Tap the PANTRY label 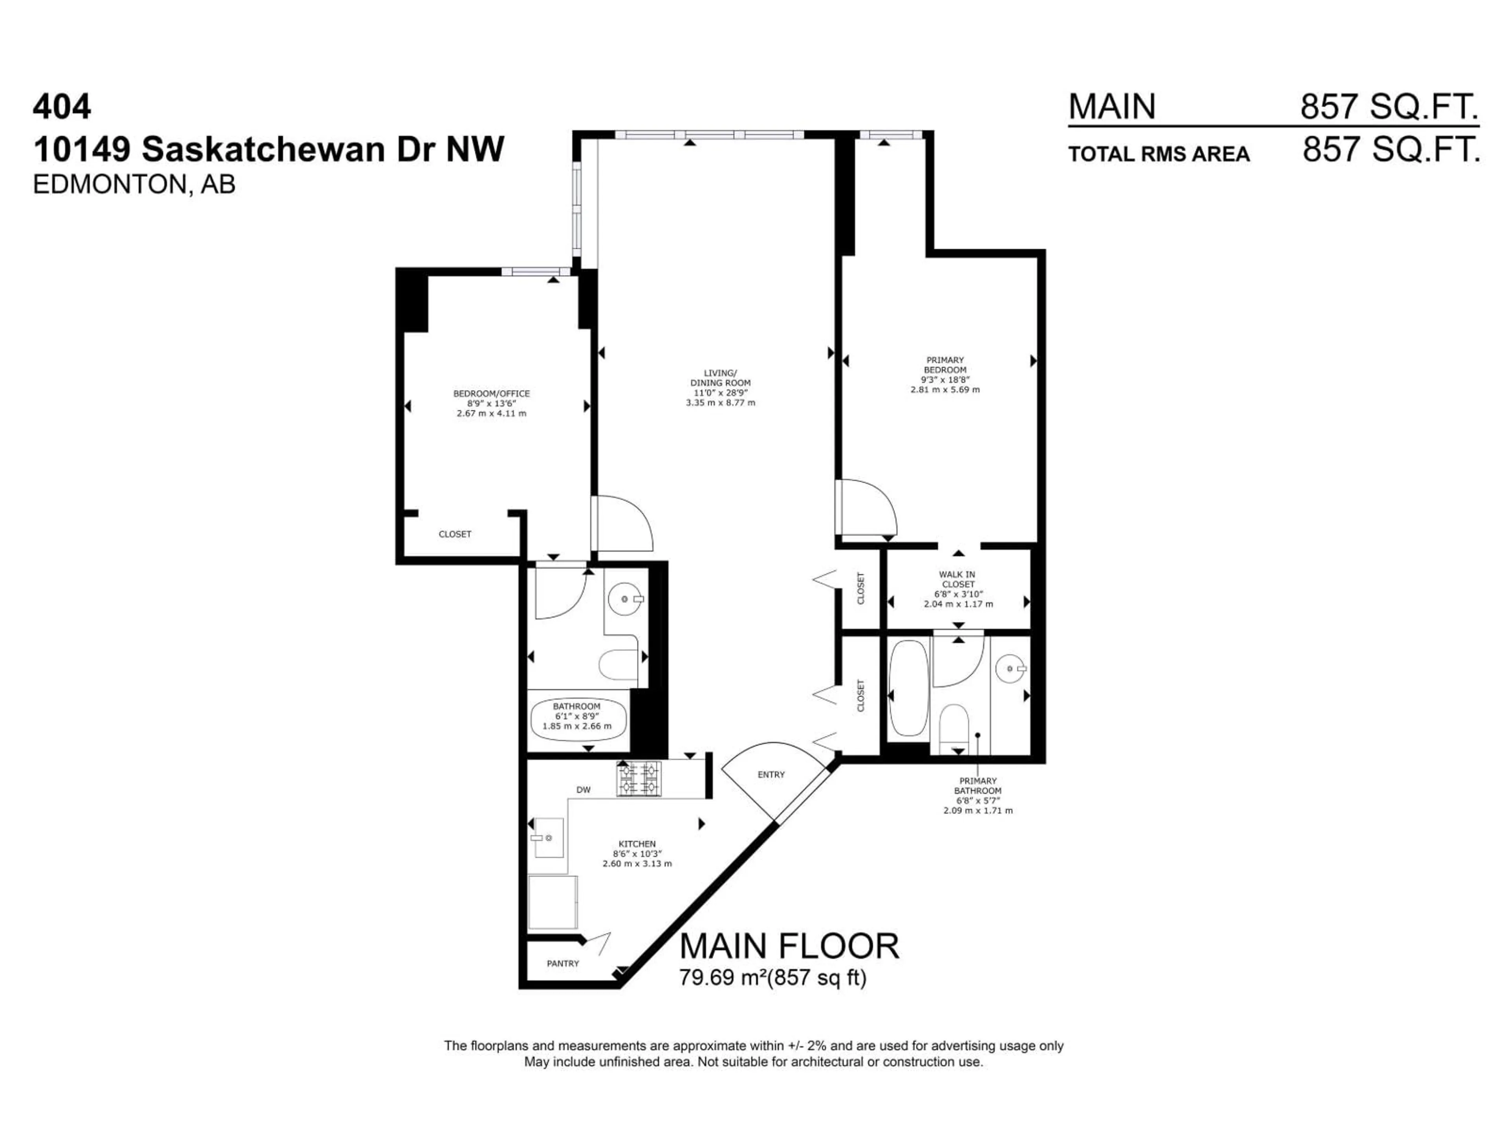562,963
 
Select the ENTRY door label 771,774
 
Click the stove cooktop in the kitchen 639,778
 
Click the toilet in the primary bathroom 954,726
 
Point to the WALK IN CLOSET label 958,580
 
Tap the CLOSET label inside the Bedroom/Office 455,534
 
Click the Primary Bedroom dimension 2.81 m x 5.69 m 945,389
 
